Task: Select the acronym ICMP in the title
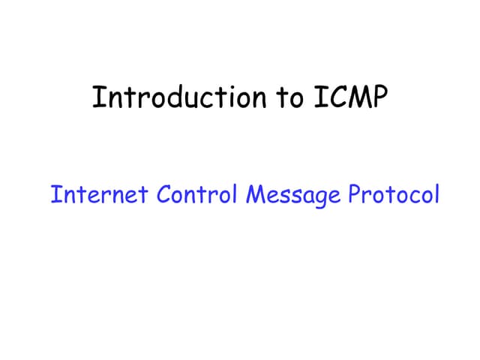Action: tap(349, 97)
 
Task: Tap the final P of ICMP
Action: tap(380, 97)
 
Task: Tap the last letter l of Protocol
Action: tap(436, 194)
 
